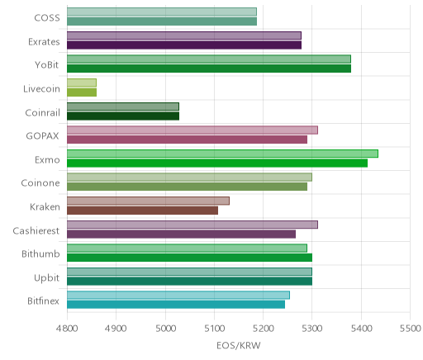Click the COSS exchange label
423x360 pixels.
pyautogui.click(x=47, y=18)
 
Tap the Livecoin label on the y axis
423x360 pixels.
pyautogui.click(x=41, y=89)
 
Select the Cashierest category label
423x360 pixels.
pyautogui.click(x=36, y=230)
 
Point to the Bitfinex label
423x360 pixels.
pyautogui.click(x=43, y=301)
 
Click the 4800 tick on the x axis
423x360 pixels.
pyautogui.click(x=67, y=329)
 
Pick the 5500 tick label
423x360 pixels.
pyautogui.click(x=411, y=329)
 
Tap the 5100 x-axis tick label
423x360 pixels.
pyautogui.click(x=214, y=329)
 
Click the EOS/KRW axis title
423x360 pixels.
pyautogui.click(x=239, y=345)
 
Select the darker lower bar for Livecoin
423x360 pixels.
pyautogui.click(x=82, y=92)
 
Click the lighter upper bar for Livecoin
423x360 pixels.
pyautogui.click(x=82, y=83)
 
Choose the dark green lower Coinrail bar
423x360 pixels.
pyautogui.click(x=123, y=116)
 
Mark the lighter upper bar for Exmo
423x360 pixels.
pyautogui.click(x=222, y=154)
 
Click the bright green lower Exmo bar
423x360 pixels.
pyautogui.click(x=217, y=163)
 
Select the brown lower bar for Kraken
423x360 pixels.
pyautogui.click(x=143, y=211)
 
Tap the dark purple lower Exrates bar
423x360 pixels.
pyautogui.click(x=184, y=45)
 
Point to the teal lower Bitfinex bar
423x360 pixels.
pyautogui.click(x=176, y=305)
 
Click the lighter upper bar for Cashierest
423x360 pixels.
pyautogui.click(x=192, y=225)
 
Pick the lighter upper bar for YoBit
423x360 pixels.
pyautogui.click(x=209, y=59)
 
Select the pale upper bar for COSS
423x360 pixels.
pyautogui.click(x=162, y=12)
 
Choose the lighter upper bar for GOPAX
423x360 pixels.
pyautogui.click(x=192, y=130)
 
